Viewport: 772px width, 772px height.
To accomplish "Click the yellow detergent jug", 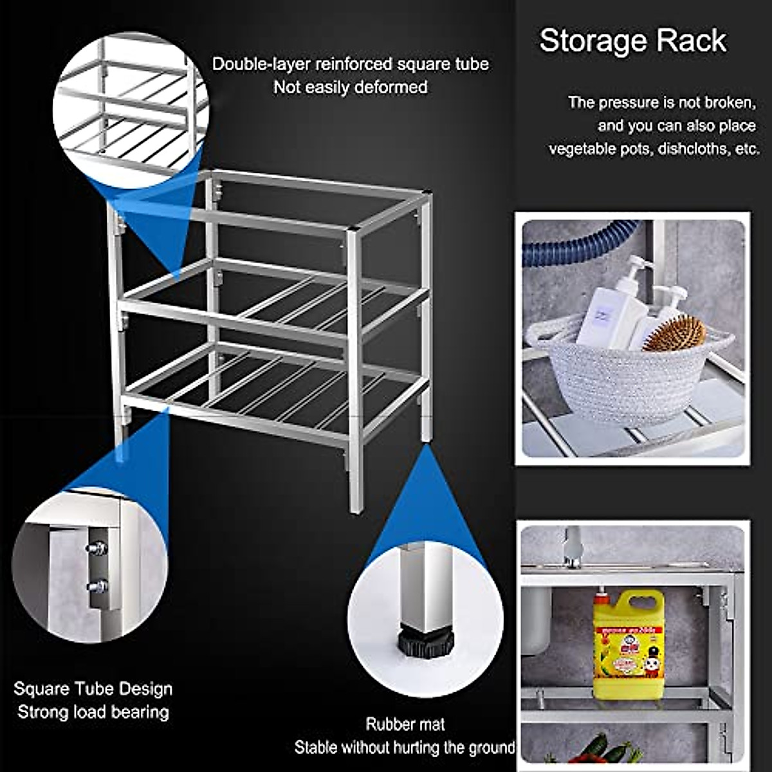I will [x=628, y=643].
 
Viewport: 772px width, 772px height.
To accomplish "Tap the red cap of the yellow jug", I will [x=601, y=598].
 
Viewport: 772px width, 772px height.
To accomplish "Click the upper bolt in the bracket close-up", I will [x=97, y=549].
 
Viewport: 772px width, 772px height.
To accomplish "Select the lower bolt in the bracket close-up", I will [x=97, y=586].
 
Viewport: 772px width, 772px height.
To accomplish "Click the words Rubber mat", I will [x=405, y=724].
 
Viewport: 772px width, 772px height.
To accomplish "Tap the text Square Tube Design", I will [x=93, y=689].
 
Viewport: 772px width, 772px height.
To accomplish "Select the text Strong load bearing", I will [x=93, y=712].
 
